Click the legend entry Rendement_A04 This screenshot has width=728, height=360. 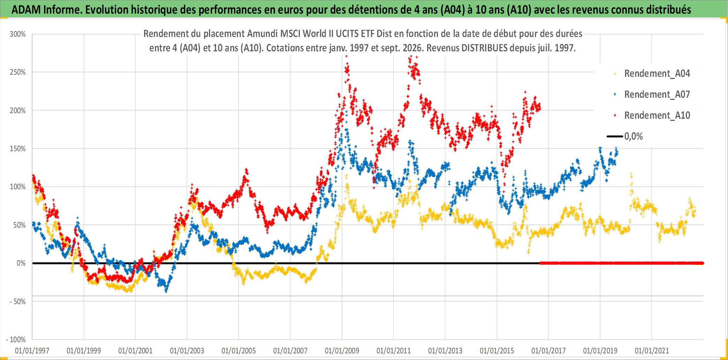point(657,74)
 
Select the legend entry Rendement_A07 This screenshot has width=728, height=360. point(657,95)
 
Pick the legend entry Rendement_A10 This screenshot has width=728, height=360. point(657,116)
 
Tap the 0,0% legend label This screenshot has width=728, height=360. point(633,137)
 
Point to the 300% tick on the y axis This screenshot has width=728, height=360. point(18,34)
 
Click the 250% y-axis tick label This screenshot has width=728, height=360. point(18,72)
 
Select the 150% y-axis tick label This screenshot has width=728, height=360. point(18,149)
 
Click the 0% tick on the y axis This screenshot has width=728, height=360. point(21,263)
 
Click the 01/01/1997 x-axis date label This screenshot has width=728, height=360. point(32,351)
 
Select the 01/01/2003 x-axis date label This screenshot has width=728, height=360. point(187,351)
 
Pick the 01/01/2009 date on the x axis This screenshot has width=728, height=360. point(342,351)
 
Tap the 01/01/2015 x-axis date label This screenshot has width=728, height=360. point(497,351)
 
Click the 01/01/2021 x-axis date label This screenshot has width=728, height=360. point(652,351)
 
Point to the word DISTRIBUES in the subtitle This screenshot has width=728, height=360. point(484,48)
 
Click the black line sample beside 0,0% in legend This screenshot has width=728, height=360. point(615,137)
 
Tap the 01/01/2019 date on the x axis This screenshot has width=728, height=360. point(600,351)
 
